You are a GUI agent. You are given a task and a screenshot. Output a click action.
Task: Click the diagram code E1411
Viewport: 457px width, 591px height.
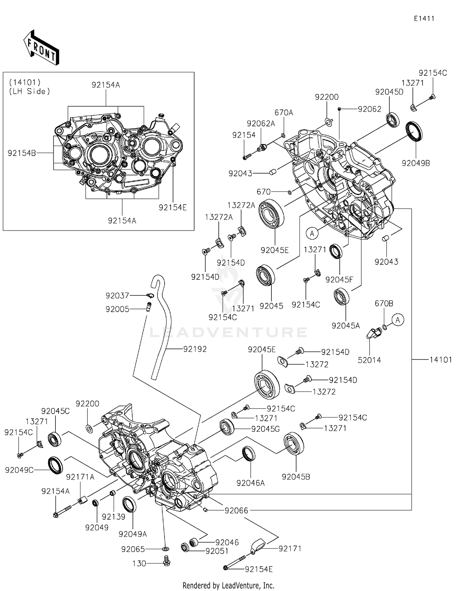(x=424, y=19)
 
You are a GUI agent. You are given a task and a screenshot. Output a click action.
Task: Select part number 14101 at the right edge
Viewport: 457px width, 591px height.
(x=441, y=360)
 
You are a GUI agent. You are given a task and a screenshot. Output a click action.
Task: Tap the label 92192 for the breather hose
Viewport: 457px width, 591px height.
(x=195, y=349)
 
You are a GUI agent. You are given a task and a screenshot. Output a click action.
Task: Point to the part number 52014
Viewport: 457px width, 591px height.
(x=369, y=360)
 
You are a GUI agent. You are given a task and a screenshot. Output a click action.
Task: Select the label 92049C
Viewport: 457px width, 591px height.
(x=19, y=470)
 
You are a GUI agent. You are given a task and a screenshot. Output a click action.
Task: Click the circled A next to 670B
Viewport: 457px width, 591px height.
(x=398, y=320)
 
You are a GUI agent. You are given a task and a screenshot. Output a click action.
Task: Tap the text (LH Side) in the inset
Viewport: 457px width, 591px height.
(x=30, y=91)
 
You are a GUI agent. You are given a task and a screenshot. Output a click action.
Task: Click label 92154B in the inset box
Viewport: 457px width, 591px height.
(x=22, y=153)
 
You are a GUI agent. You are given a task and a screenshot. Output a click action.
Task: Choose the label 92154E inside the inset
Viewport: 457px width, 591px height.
(x=172, y=207)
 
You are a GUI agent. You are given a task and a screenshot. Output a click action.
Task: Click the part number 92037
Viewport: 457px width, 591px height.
(x=117, y=295)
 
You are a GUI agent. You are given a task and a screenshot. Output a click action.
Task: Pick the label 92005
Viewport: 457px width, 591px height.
(x=117, y=309)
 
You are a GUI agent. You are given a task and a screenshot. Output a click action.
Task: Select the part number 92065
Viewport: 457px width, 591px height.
(x=133, y=549)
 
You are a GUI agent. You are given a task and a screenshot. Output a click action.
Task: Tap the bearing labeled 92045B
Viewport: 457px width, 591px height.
(x=293, y=443)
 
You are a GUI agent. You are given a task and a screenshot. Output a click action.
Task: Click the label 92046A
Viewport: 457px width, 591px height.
(x=250, y=483)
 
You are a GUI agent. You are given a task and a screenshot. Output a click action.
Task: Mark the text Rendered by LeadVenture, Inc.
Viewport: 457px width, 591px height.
(x=228, y=585)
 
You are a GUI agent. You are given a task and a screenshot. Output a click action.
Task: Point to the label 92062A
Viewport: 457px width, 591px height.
(x=261, y=124)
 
